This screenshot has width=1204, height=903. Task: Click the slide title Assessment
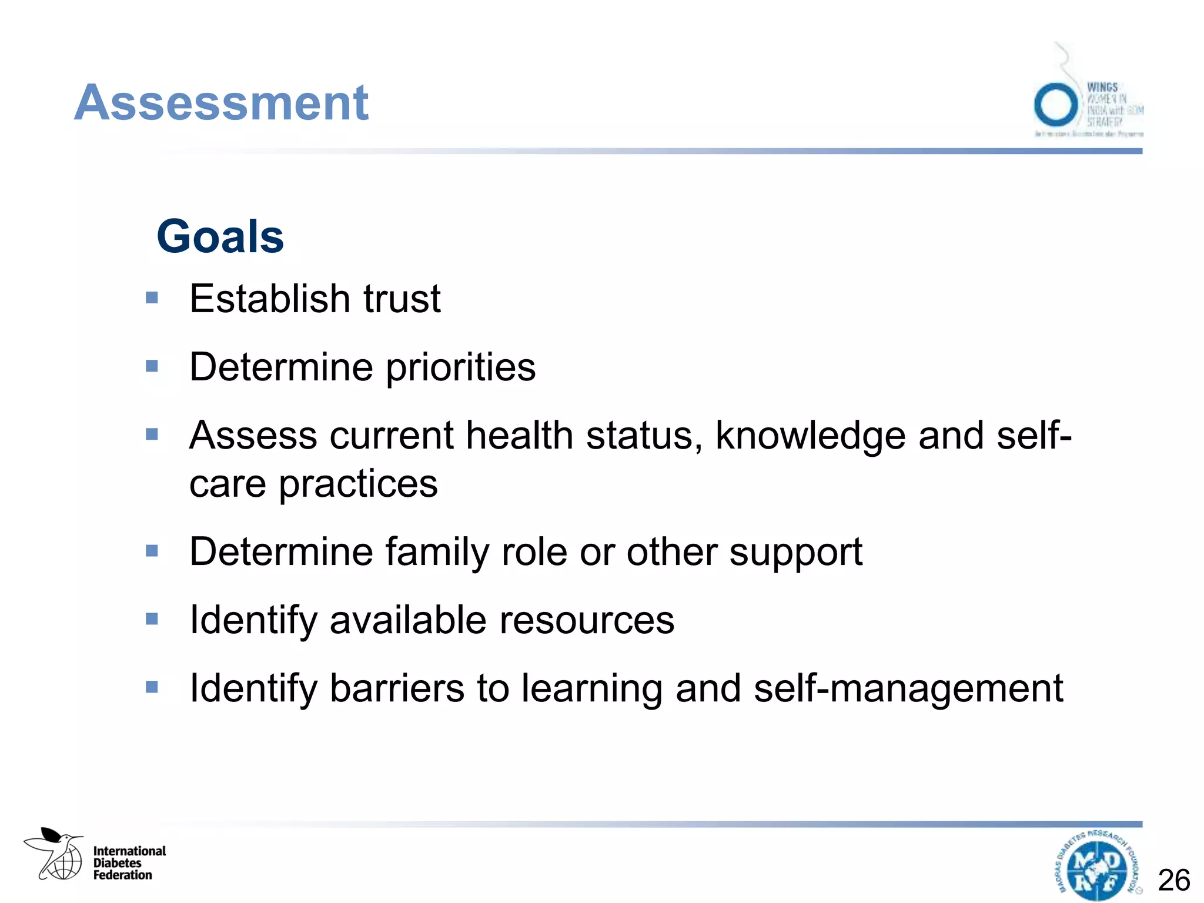[x=221, y=103]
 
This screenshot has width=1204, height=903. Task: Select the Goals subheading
[x=220, y=236]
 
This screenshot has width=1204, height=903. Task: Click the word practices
[x=357, y=484]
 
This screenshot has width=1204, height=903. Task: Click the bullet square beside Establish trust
[x=152, y=298]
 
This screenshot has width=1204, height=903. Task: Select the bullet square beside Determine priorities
[x=152, y=367]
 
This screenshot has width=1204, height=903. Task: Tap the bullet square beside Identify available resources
[x=152, y=619]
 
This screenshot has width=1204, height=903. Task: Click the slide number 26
[x=1173, y=881]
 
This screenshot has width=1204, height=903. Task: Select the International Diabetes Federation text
[x=129, y=863]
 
